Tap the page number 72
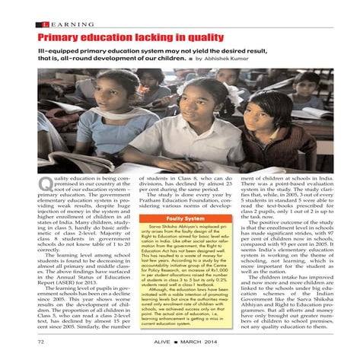coord(43,344)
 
